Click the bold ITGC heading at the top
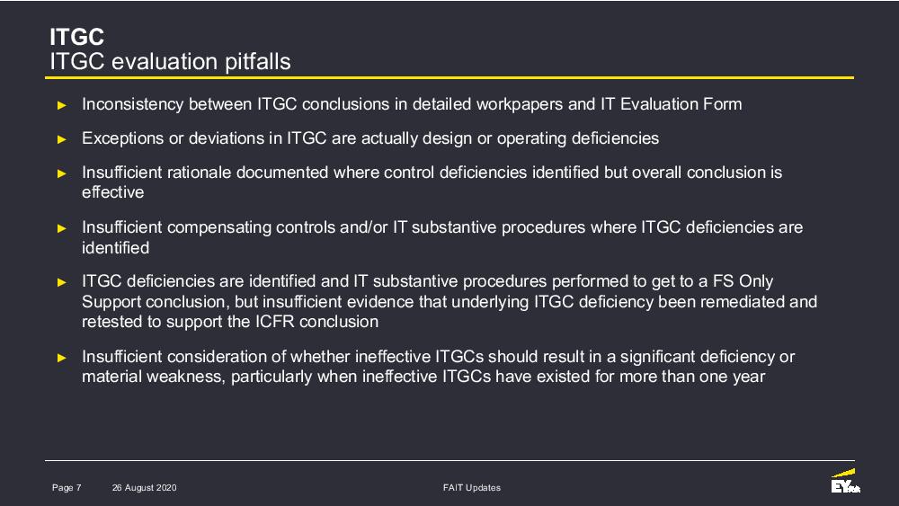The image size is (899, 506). pyautogui.click(x=76, y=37)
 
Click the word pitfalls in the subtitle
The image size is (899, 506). pyautogui.click(x=257, y=62)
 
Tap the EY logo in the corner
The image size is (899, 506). pyautogui.click(x=846, y=481)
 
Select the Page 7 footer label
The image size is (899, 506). pyautogui.click(x=67, y=488)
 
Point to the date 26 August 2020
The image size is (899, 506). pyautogui.click(x=145, y=488)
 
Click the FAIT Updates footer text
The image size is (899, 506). pyautogui.click(x=472, y=488)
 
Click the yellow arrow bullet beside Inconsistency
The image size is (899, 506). pyautogui.click(x=62, y=105)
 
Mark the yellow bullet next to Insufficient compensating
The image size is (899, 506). pyautogui.click(x=62, y=228)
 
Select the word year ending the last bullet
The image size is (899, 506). pyautogui.click(x=749, y=377)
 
